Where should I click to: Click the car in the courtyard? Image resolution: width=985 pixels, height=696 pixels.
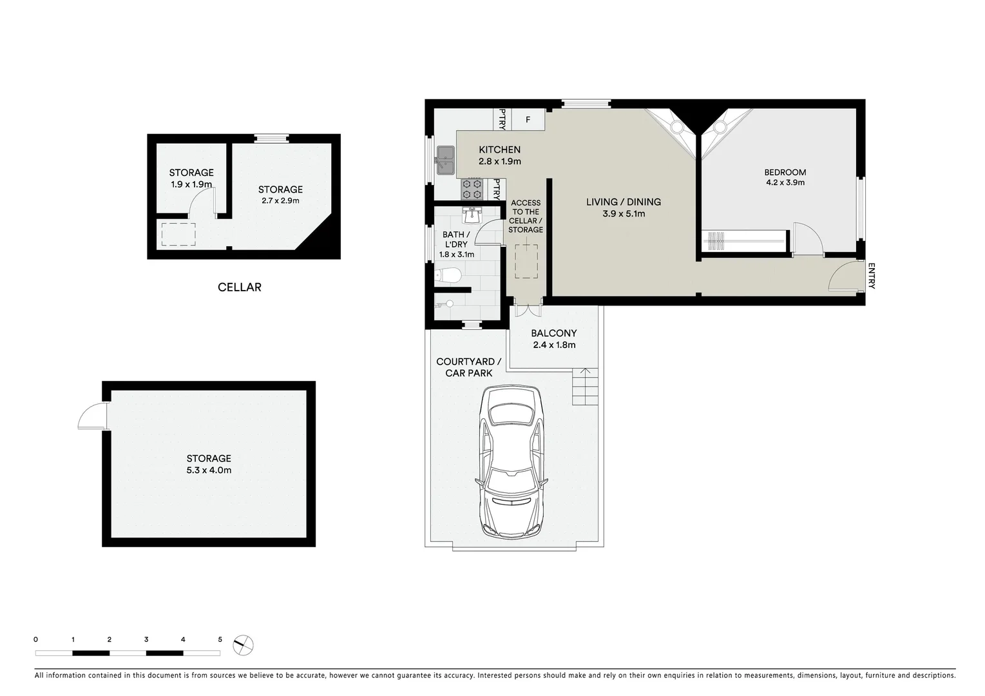(x=513, y=461)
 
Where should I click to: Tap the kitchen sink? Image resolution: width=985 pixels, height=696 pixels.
(x=445, y=160)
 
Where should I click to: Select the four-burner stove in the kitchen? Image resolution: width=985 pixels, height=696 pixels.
(x=472, y=189)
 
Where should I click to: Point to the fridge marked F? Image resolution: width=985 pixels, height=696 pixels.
(x=528, y=120)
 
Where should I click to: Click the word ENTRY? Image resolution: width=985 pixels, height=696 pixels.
(x=871, y=276)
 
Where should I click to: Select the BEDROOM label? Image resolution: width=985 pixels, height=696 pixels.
(x=785, y=172)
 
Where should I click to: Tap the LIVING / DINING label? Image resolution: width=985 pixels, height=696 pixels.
(x=623, y=202)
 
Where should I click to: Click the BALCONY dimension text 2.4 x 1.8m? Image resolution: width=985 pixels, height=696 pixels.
(x=554, y=345)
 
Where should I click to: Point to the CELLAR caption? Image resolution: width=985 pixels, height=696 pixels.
(x=240, y=287)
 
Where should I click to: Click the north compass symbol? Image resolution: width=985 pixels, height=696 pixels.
(x=244, y=644)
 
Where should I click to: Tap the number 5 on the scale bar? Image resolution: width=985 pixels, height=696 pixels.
(x=220, y=640)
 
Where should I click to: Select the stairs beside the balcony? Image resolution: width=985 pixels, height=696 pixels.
(x=585, y=387)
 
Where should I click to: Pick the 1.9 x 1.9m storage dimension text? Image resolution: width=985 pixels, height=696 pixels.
(x=191, y=184)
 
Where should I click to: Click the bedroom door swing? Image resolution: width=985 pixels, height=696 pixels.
(x=808, y=238)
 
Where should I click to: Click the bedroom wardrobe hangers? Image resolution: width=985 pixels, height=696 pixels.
(x=716, y=241)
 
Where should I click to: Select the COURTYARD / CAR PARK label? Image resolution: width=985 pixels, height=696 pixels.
(x=468, y=367)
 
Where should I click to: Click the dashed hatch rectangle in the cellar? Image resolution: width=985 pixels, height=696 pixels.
(x=178, y=234)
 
